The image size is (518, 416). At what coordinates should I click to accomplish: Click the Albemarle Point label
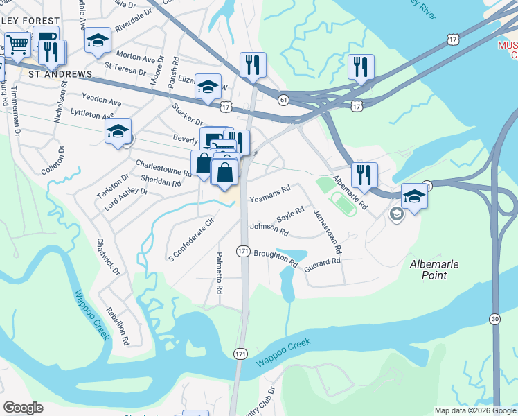click(x=438, y=270)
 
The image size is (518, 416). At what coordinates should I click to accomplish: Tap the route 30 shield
click(x=493, y=318)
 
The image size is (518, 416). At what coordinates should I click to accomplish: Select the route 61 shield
click(x=284, y=100)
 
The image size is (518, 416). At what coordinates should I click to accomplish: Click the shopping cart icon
click(x=19, y=45)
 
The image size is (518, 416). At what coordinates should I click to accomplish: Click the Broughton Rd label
click(x=275, y=259)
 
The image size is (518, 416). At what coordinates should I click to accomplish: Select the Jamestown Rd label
click(x=328, y=231)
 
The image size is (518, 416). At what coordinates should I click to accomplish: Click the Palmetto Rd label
click(x=219, y=272)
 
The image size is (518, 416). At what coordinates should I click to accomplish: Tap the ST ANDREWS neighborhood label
click(x=60, y=73)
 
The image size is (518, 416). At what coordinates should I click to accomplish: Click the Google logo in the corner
click(x=23, y=407)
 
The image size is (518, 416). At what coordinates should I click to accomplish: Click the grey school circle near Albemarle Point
click(x=395, y=214)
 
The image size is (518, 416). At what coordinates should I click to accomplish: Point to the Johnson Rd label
click(x=269, y=229)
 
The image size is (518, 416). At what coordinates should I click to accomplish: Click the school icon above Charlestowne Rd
click(x=118, y=132)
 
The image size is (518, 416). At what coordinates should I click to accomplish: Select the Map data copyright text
click(x=474, y=410)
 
